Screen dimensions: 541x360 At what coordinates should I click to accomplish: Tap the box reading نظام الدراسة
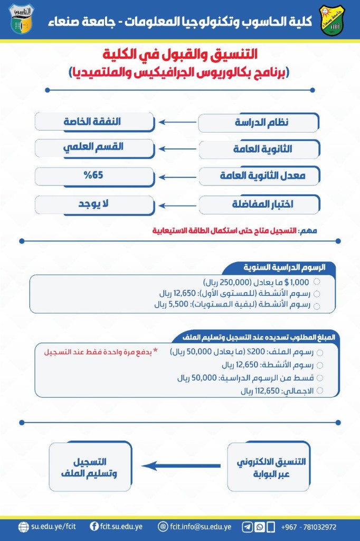pos(259,123)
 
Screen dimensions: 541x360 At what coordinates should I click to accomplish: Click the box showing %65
pos(94,175)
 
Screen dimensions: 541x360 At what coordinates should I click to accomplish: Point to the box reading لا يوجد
pos(94,204)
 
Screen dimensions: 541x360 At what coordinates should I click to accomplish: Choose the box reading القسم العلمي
pos(94,148)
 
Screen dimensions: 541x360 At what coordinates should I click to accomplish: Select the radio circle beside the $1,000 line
pos(317,283)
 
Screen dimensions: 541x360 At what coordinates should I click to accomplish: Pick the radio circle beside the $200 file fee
pos(319,351)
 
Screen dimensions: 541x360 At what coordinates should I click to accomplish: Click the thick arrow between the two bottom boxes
pos(182,466)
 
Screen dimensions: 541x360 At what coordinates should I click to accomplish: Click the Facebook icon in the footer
pos(94,527)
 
